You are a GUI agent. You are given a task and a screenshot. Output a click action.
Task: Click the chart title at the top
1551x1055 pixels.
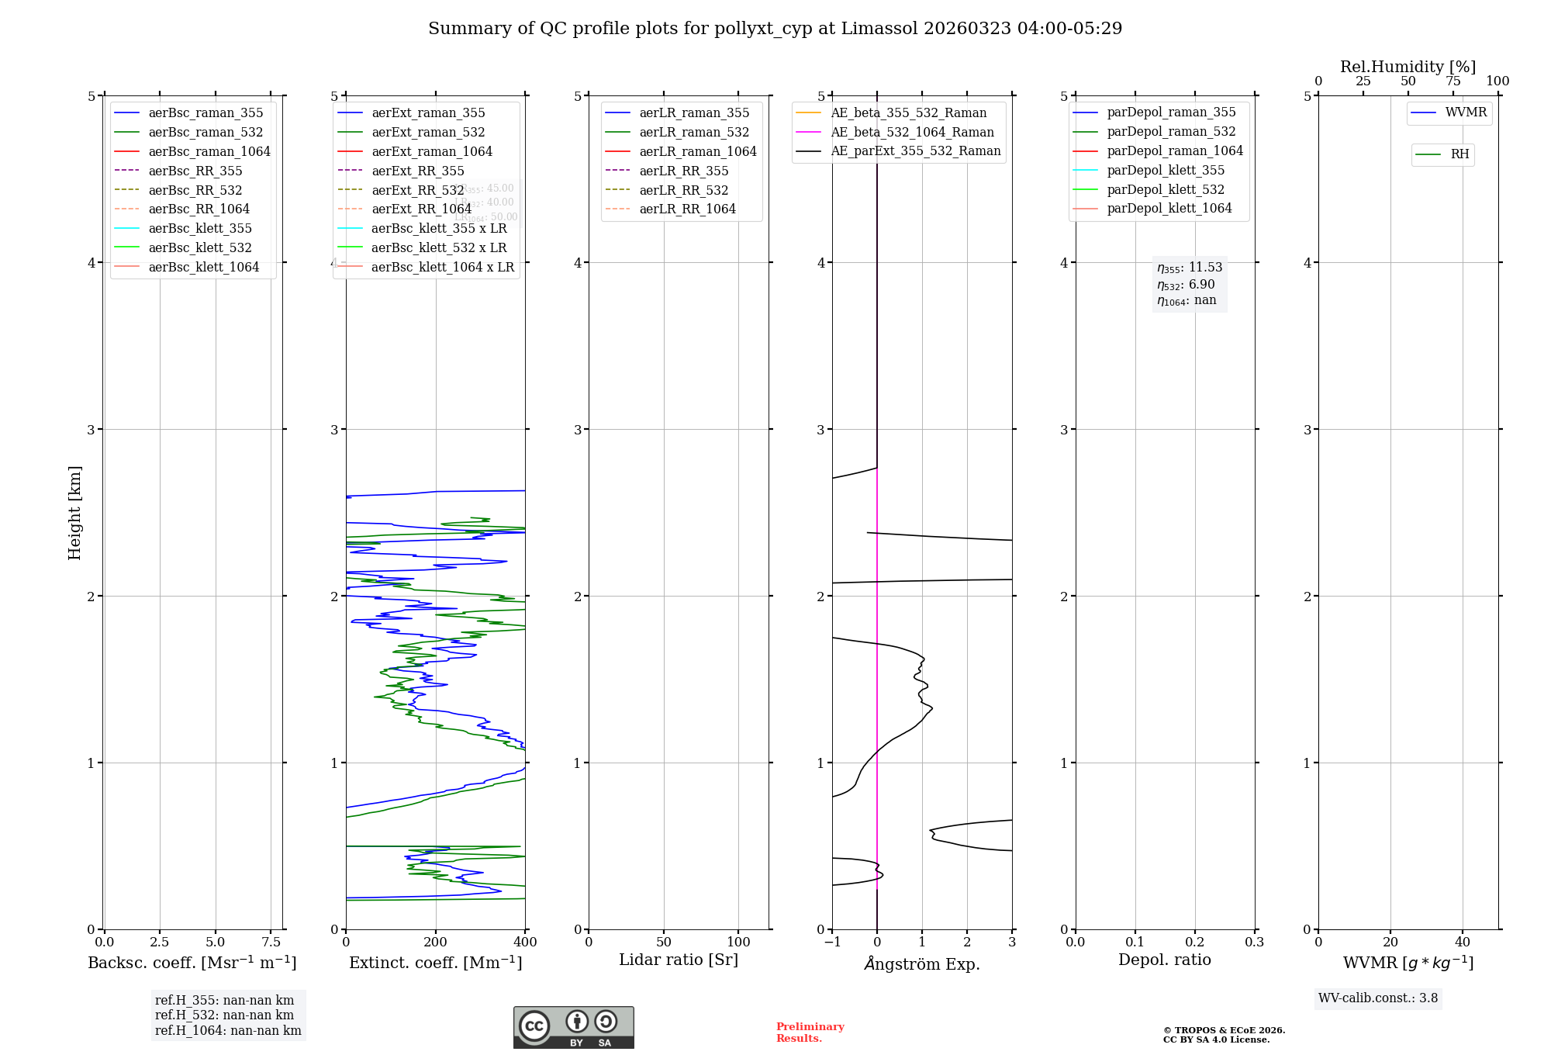(x=775, y=29)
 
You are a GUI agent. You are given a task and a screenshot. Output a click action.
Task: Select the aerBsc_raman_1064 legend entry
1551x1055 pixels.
(x=209, y=151)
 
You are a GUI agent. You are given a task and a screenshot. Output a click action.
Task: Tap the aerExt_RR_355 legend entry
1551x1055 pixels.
(x=417, y=171)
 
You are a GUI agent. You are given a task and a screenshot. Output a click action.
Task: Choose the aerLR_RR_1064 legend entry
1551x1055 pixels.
(x=687, y=209)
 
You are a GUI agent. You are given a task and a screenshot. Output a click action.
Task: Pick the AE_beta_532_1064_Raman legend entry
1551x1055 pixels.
(x=912, y=132)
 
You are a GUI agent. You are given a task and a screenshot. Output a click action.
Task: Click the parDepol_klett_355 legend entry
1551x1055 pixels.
(x=1166, y=170)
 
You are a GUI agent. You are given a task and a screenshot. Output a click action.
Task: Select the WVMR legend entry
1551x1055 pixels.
(x=1466, y=112)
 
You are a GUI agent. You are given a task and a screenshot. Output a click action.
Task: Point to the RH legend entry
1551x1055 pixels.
(x=1459, y=154)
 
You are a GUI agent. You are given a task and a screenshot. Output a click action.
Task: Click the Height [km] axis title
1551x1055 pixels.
(x=74, y=512)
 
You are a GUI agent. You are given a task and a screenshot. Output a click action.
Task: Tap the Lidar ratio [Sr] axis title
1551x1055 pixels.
(x=679, y=960)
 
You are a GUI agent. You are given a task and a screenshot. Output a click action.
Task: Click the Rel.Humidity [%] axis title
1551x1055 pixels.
(x=1408, y=67)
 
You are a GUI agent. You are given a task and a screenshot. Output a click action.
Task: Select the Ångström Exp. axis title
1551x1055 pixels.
(x=922, y=963)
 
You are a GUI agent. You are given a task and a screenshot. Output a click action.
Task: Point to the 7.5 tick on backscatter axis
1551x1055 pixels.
(x=271, y=942)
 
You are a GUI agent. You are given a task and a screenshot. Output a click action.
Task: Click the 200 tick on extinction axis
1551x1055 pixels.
(x=436, y=942)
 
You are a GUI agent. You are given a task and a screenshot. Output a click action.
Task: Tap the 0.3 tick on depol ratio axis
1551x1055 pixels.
(x=1254, y=942)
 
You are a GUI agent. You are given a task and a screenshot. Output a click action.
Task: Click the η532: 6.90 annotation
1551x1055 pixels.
(x=1187, y=285)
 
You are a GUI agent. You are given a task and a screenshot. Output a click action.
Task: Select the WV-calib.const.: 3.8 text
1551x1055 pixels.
(x=1378, y=998)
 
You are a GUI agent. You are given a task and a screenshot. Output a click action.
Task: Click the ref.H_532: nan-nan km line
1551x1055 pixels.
(x=224, y=1015)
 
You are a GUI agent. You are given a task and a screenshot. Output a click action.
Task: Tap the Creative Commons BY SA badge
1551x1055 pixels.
(x=573, y=1027)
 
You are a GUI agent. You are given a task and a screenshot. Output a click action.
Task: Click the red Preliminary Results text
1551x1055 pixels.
(x=810, y=1032)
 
